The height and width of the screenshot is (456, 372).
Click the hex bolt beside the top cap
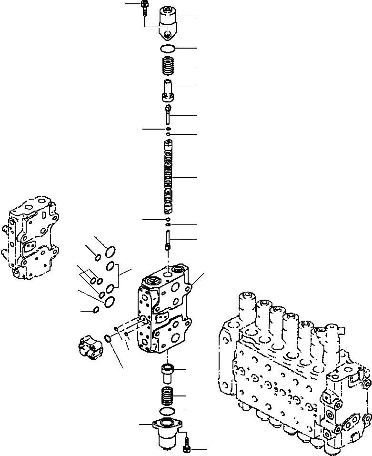(144, 8)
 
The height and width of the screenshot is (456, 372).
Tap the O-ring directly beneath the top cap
(167, 48)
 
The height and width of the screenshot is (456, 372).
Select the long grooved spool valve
(168, 177)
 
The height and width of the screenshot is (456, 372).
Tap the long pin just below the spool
(168, 238)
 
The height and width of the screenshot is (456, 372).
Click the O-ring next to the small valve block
(108, 338)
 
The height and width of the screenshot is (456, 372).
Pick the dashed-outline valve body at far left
(30, 238)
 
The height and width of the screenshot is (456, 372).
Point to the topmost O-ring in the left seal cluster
(110, 251)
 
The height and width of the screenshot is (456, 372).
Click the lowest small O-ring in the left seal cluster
(96, 310)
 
